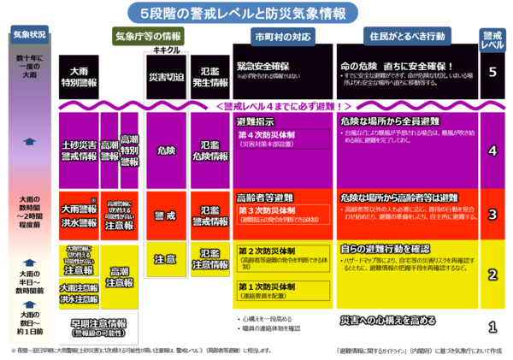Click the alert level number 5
click(492, 71)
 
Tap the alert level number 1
click(492, 327)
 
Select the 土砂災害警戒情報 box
click(79, 151)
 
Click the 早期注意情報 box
click(96, 328)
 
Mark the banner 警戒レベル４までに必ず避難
click(283, 106)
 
